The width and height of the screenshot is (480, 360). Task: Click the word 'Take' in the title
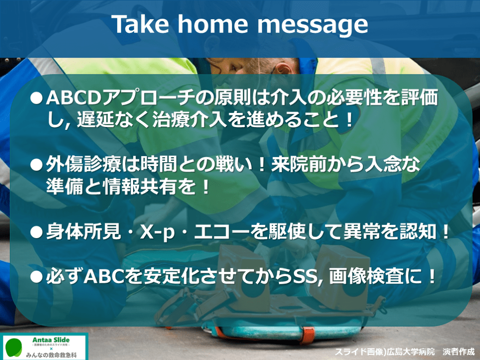140,24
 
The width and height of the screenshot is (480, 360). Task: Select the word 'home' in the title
212,24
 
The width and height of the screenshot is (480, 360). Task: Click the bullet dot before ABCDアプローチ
37,98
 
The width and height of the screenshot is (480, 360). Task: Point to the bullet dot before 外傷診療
37,165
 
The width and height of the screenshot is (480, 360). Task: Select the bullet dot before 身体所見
37,232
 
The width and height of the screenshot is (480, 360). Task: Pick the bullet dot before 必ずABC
37,277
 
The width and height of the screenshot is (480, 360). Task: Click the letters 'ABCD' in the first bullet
74,98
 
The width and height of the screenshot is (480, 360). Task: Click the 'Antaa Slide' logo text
51,340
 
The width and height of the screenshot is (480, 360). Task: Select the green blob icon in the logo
14,347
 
